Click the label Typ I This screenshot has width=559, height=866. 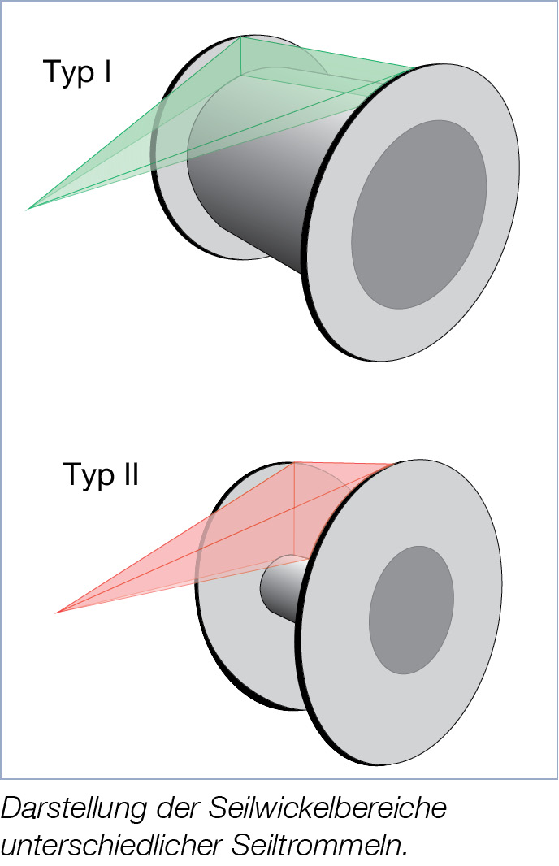pos(77,73)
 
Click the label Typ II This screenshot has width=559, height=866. pos(102,475)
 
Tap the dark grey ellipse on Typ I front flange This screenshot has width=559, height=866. pos(419,214)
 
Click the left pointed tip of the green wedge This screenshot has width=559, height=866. pos(29,209)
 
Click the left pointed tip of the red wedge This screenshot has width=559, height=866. pos(57,612)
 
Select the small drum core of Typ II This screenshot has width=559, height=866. pos(280,585)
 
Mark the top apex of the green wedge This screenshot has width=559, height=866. pos(241,37)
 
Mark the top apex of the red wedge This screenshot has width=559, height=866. pos(292,463)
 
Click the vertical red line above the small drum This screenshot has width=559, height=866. pos(292,512)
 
